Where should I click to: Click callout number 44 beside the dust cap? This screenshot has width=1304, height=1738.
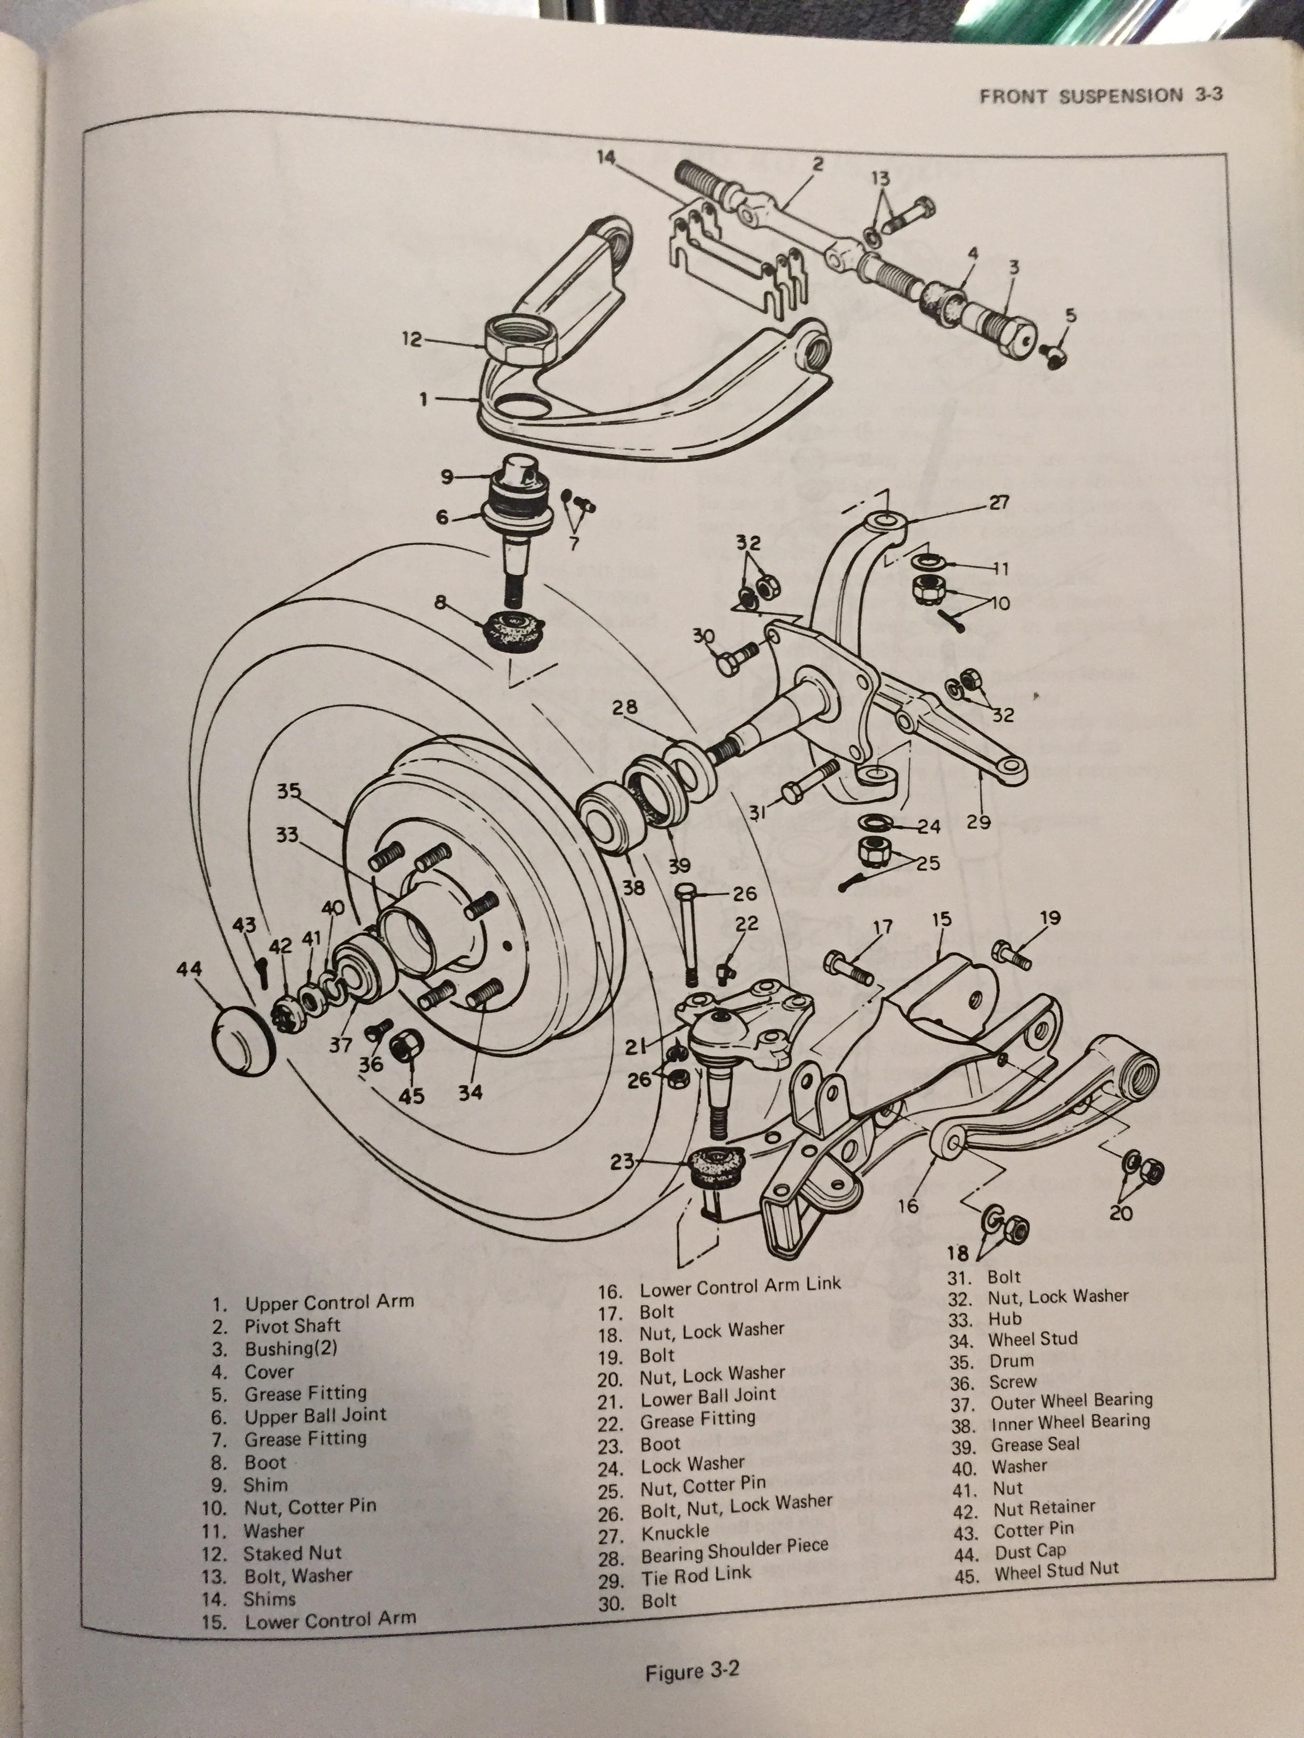pyautogui.click(x=189, y=970)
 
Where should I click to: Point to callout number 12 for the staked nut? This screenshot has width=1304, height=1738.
pyautogui.click(x=412, y=340)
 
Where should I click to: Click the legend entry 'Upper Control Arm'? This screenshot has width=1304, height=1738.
pyautogui.click(x=329, y=1303)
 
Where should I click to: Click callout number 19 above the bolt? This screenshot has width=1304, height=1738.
pyautogui.click(x=1049, y=917)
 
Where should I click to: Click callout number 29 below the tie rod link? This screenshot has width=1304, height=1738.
pyautogui.click(x=979, y=822)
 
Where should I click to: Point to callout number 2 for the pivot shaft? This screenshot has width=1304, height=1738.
pyautogui.click(x=818, y=164)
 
